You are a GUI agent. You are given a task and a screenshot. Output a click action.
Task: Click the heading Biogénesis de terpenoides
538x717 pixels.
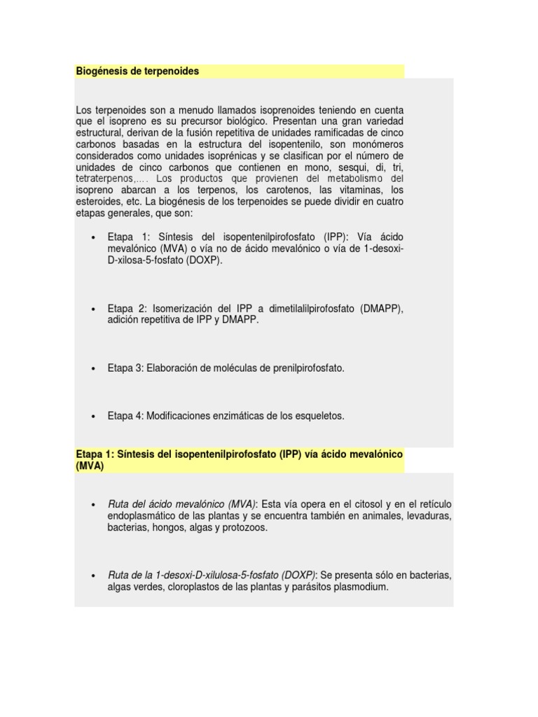click(x=137, y=71)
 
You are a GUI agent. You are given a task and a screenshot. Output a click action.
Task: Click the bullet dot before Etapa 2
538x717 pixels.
click(x=93, y=309)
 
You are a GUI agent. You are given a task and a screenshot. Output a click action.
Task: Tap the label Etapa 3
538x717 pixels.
click(x=125, y=368)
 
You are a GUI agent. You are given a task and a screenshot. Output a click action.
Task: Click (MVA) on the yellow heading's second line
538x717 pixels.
click(x=90, y=466)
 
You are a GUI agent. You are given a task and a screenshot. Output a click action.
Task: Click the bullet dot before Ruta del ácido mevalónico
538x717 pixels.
click(x=93, y=505)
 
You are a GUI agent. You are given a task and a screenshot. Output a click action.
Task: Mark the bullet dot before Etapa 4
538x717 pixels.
click(x=93, y=416)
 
